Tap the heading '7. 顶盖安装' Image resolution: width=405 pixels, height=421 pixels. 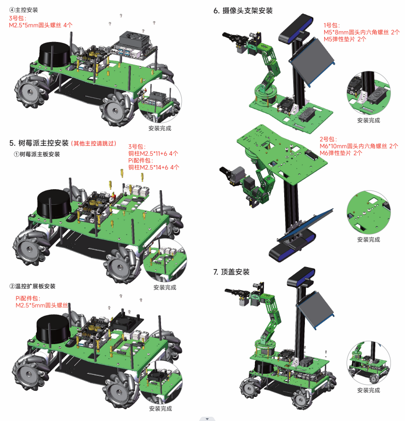coord(231,272)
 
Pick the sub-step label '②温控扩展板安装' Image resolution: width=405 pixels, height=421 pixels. coord(32,286)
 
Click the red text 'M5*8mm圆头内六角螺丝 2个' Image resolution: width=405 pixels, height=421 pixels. coord(362,32)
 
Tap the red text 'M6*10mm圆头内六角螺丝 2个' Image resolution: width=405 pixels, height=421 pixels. coord(359,146)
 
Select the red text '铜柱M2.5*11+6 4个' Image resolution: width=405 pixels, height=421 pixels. coord(153,153)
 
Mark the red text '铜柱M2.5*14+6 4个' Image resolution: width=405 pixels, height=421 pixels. coord(153,167)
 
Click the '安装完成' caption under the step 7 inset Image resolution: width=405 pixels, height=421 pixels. coord(368,390)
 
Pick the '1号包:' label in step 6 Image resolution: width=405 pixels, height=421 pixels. coord(332,25)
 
